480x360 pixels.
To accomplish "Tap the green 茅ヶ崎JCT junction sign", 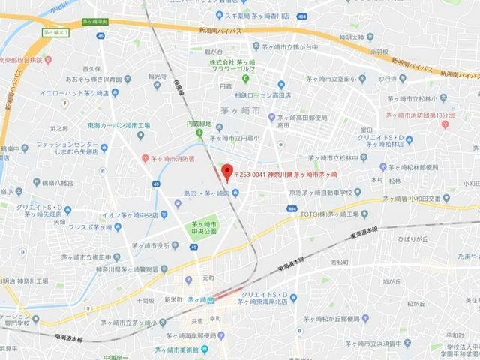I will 55,33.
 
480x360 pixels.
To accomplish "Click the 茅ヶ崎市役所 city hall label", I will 162,244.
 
